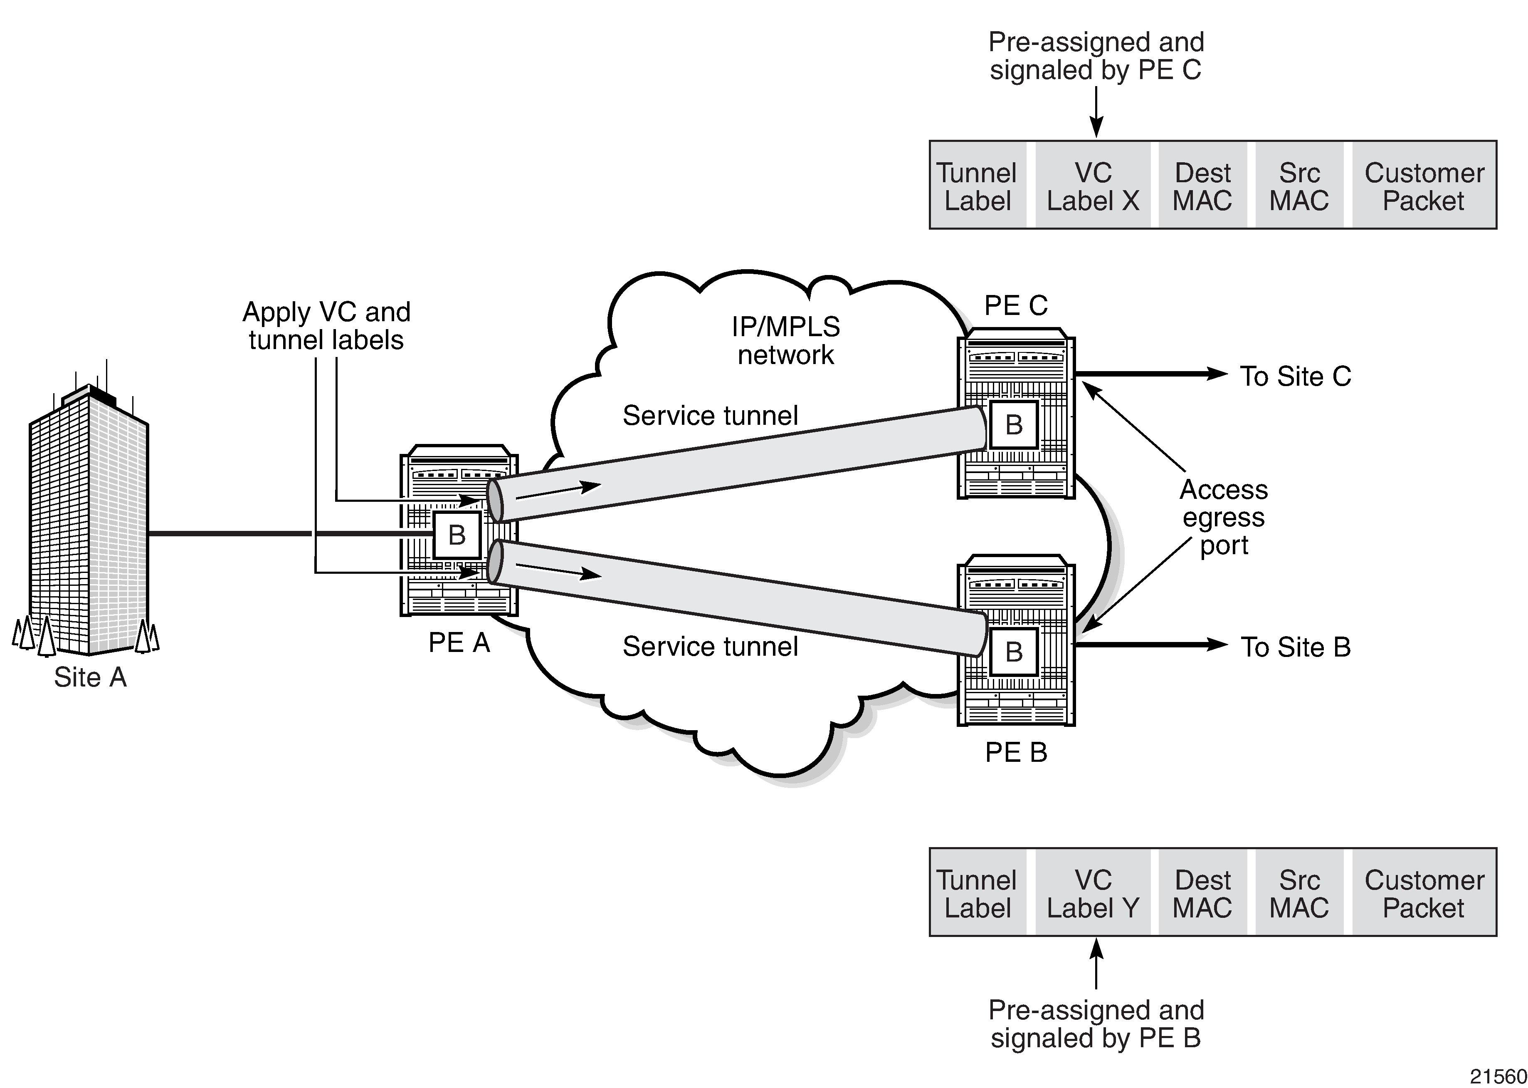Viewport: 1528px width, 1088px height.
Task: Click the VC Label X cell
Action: (1093, 186)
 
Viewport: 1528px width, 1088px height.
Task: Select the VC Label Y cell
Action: (1093, 894)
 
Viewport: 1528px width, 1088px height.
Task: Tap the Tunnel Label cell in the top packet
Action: (977, 186)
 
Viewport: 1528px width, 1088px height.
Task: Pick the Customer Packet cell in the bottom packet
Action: (1424, 894)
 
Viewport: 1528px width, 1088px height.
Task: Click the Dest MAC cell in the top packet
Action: (1202, 186)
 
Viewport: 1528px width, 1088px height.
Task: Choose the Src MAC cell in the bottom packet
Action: (1299, 894)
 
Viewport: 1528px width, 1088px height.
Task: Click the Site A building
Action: (89, 523)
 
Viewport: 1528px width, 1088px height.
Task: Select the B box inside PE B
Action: (1014, 651)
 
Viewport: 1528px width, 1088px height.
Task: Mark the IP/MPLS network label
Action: (785, 340)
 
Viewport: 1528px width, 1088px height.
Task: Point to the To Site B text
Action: (1295, 647)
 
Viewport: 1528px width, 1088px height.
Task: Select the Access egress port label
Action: (1223, 517)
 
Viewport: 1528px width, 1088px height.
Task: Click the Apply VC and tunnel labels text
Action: (326, 326)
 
